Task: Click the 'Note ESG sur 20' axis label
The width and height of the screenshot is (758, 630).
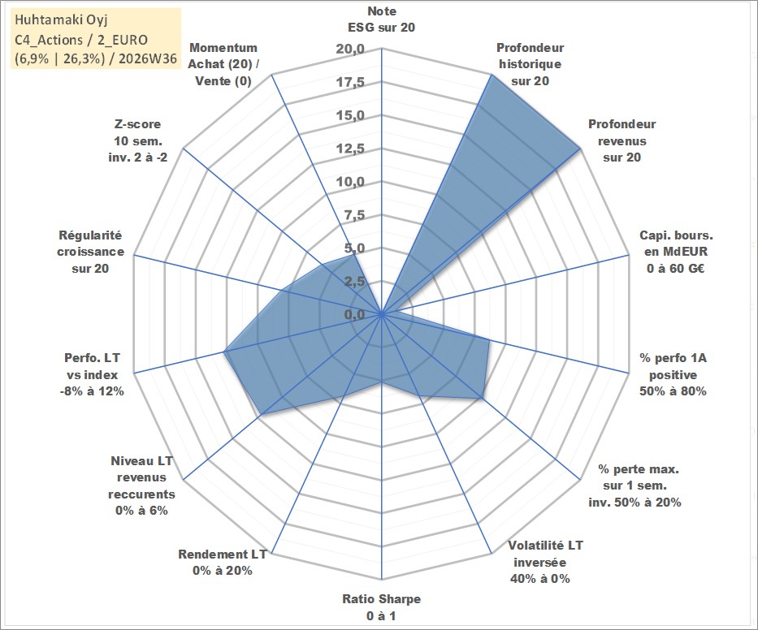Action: [x=381, y=19]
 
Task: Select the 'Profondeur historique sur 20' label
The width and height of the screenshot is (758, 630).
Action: [x=531, y=64]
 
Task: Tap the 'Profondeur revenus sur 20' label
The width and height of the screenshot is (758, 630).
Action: [x=622, y=140]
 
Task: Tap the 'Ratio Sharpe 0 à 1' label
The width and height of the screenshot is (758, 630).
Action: [x=381, y=607]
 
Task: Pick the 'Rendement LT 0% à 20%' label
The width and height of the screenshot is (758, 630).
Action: [x=223, y=563]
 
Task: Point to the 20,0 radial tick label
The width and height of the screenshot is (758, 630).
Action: [x=350, y=50]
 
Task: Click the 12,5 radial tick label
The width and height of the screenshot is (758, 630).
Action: [x=350, y=149]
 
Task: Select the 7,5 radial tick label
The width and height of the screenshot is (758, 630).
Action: [x=354, y=215]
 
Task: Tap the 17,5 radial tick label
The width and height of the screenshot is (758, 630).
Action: [x=350, y=82]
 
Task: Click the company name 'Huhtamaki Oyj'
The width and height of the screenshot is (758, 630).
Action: [x=61, y=19]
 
